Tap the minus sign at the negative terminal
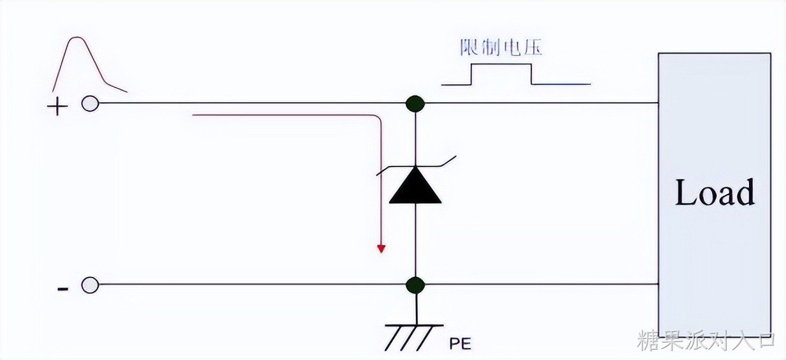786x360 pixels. click(63, 289)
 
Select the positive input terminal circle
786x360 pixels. click(90, 104)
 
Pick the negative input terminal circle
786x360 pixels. click(90, 285)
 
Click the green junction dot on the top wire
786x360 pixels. click(415, 103)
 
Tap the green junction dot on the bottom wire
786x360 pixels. click(415, 285)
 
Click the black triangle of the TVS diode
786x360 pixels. click(415, 186)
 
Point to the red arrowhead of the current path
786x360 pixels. click(381, 249)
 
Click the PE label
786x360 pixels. click(460, 344)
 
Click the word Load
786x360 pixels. click(715, 193)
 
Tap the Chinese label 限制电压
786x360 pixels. click(501, 48)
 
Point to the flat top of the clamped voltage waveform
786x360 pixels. click(501, 64)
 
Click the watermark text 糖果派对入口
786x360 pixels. click(706, 340)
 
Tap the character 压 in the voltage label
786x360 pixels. click(533, 48)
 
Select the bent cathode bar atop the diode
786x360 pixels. click(416, 165)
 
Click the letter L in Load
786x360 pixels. click(684, 192)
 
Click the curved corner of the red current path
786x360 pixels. click(377, 118)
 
